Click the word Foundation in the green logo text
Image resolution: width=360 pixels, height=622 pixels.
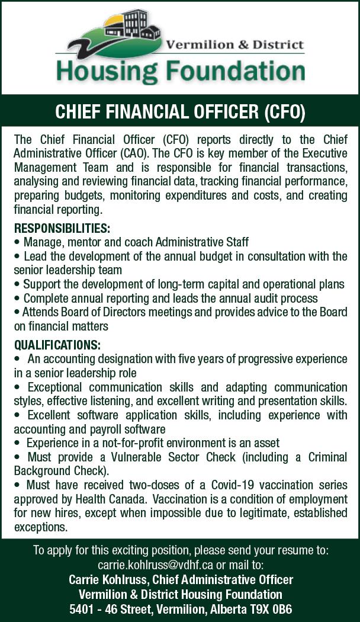point(234,71)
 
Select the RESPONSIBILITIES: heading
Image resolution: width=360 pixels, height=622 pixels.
point(62,229)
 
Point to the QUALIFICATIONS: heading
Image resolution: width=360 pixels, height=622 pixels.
point(57,345)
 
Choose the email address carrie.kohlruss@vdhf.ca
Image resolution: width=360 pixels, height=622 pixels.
point(156,565)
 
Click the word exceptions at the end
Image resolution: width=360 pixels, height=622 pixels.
point(40,527)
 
